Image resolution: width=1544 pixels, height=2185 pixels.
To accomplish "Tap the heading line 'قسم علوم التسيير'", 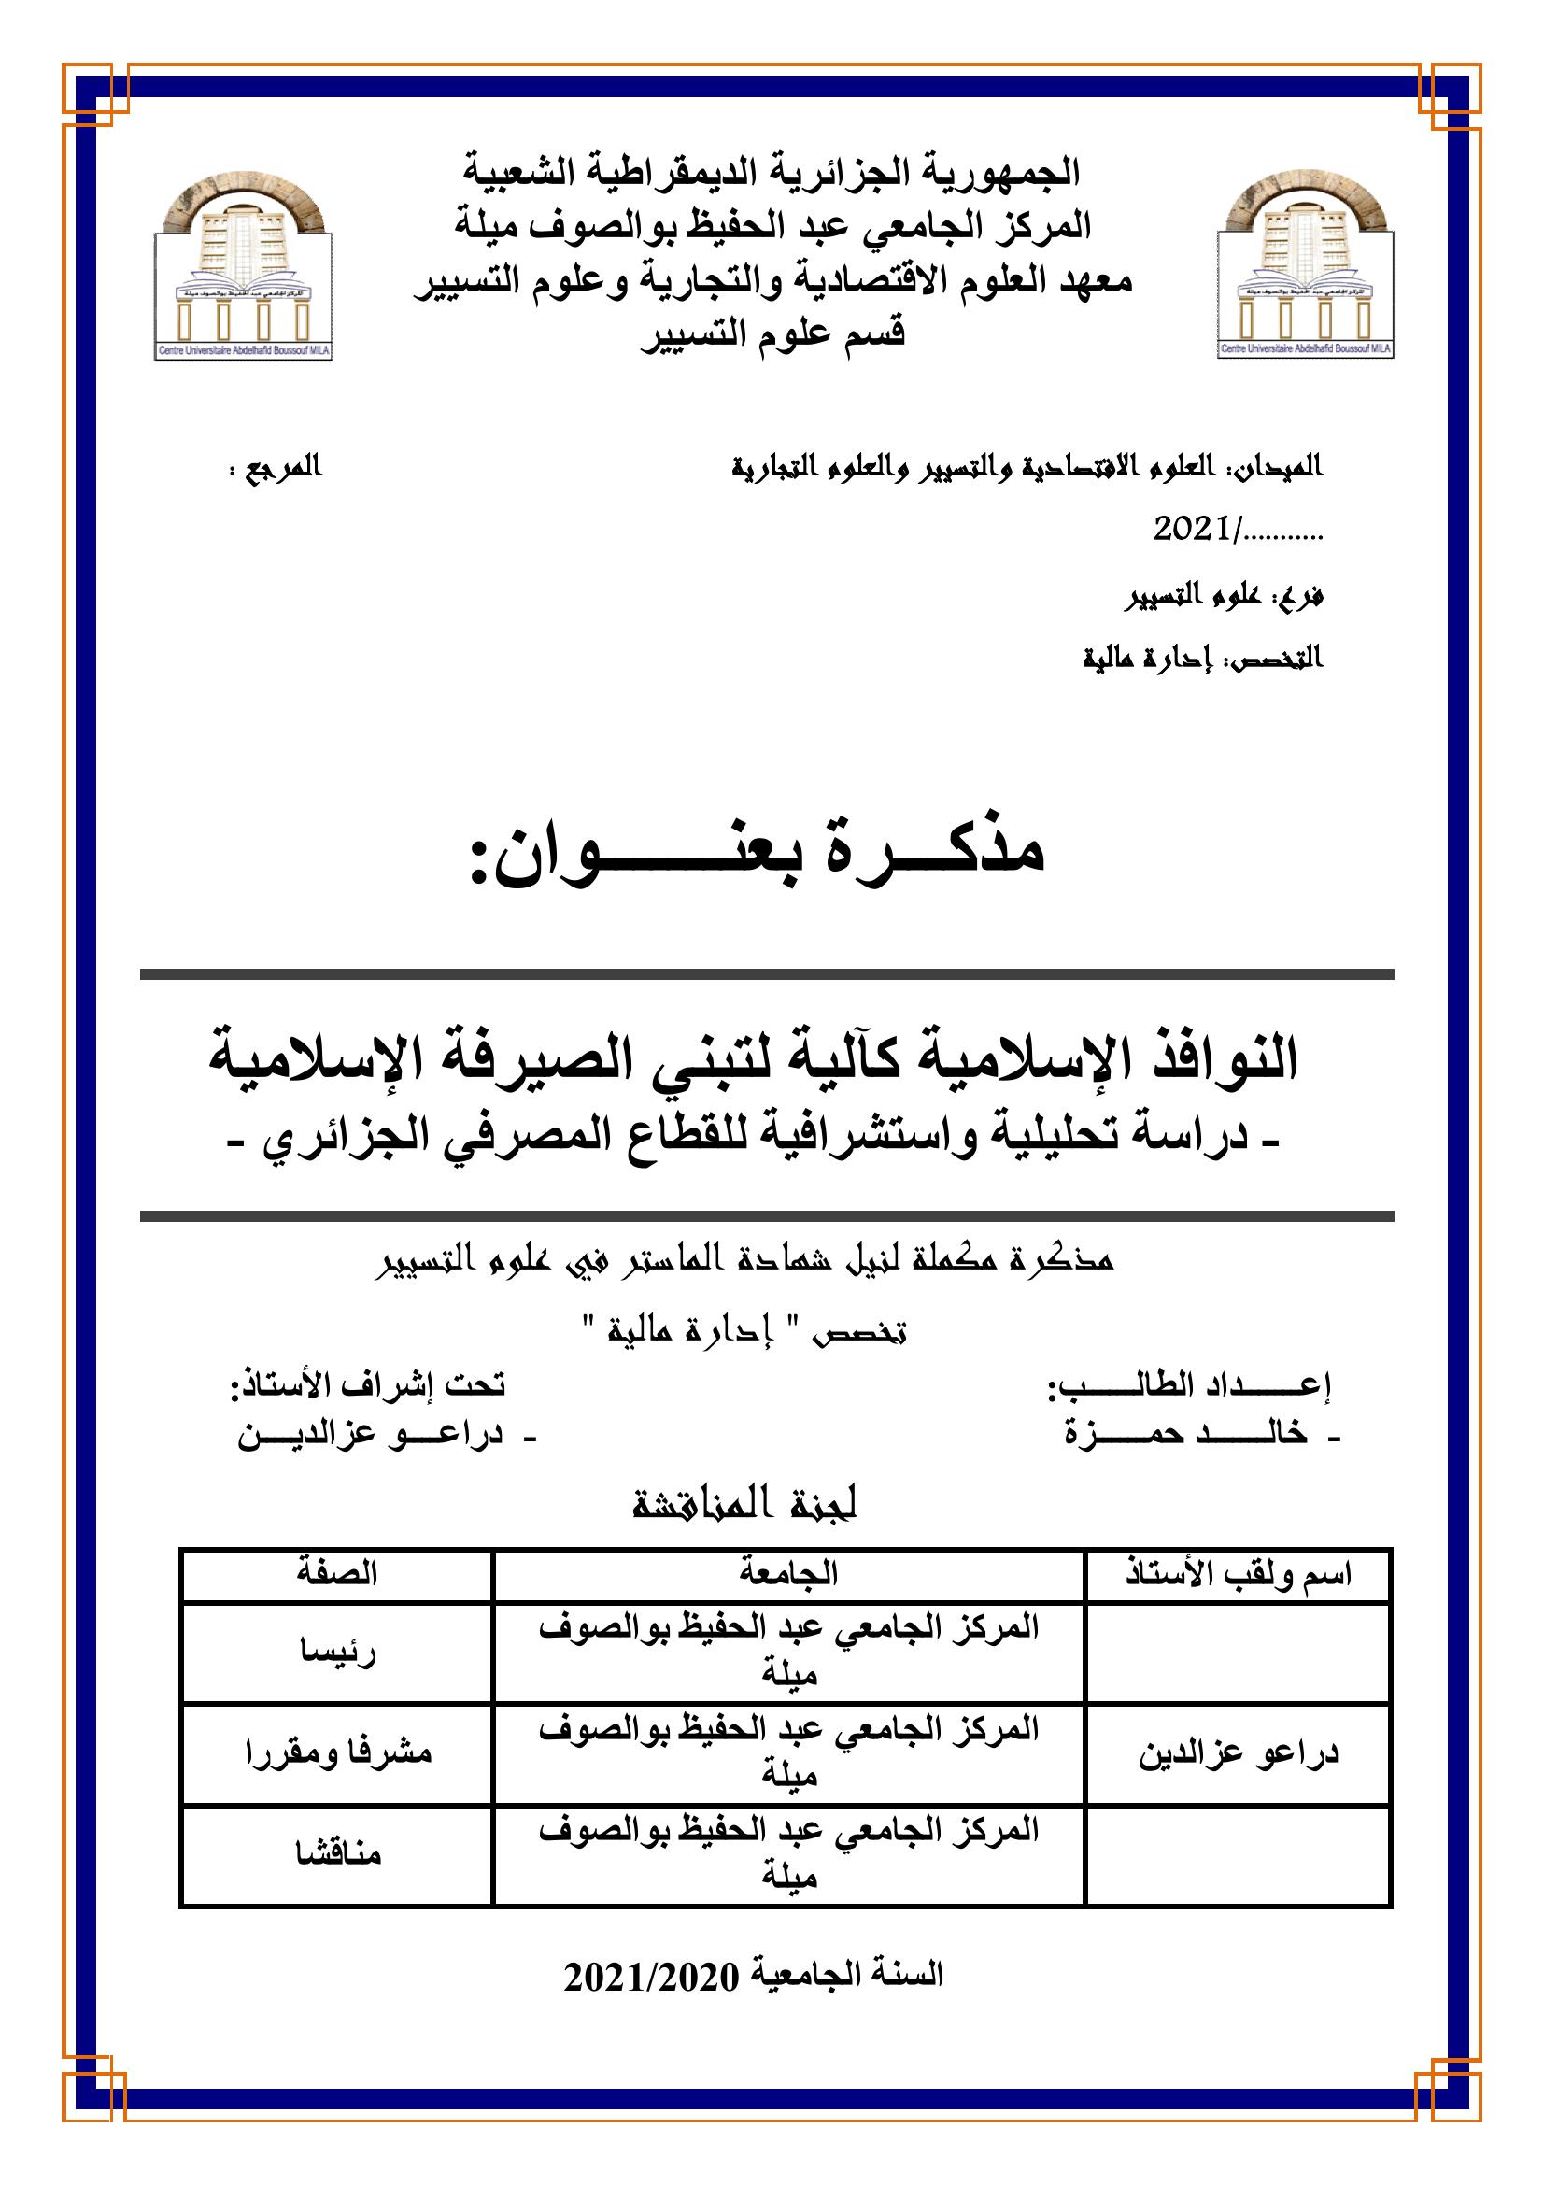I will pos(772,333).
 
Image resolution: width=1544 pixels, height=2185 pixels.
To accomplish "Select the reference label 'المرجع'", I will pos(282,468).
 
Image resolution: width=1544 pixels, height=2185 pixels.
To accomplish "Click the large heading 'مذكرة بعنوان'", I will pos(758,850).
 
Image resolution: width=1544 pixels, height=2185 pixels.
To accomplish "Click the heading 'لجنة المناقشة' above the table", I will pos(744,1505).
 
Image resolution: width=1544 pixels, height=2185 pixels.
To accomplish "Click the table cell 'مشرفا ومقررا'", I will pos(338,1752).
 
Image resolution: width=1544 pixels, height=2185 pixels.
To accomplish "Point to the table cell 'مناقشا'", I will pos(338,1852).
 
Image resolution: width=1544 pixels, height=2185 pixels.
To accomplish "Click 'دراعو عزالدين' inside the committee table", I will pos(1239,1752).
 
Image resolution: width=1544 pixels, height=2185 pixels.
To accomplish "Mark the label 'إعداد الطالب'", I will pos(1189,1385).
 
